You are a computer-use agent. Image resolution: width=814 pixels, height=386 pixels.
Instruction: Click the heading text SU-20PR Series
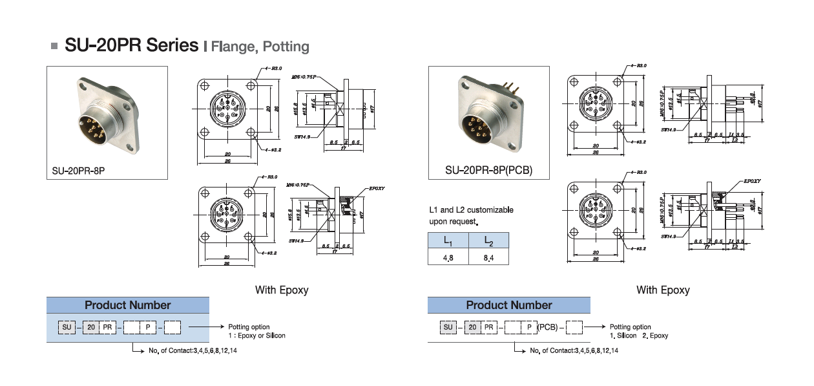(131, 46)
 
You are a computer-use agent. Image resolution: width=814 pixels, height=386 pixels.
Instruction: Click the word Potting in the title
(286, 47)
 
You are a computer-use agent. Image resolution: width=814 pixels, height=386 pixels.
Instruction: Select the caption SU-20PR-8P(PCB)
(488, 171)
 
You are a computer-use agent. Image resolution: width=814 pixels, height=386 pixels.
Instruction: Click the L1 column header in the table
(448, 241)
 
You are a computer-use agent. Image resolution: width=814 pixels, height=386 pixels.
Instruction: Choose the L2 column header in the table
(488, 241)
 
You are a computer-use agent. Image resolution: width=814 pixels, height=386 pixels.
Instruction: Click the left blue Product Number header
(128, 305)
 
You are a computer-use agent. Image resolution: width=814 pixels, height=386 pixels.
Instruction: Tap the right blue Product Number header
(509, 305)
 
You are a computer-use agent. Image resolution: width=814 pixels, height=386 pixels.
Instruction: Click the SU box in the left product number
(67, 328)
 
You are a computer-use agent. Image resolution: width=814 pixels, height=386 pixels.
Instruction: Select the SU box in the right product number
(448, 328)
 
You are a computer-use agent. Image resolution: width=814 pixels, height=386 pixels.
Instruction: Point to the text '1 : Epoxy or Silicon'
(256, 336)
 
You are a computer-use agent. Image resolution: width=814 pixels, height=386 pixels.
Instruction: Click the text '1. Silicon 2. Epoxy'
(639, 336)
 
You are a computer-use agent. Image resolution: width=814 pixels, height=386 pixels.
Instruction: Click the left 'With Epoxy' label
(282, 290)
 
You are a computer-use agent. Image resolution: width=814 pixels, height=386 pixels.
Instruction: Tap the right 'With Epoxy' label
(663, 290)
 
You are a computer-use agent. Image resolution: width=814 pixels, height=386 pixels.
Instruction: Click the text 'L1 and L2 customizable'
(471, 210)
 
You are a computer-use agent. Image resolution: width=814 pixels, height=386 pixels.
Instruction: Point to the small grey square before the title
(54, 47)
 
